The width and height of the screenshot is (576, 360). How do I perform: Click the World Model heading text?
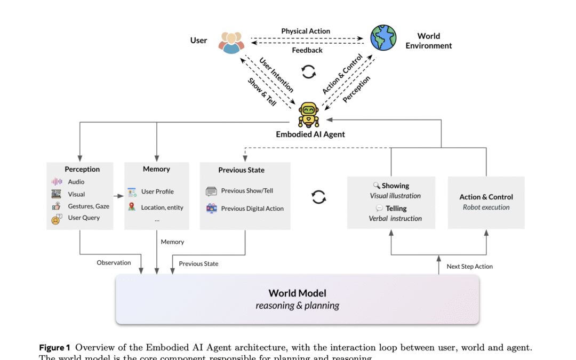(x=297, y=293)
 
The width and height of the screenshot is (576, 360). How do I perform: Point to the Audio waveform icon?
(x=57, y=182)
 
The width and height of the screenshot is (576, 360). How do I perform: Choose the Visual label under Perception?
(x=76, y=194)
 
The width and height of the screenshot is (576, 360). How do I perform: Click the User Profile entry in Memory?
(x=157, y=191)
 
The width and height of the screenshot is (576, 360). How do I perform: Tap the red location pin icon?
(x=132, y=207)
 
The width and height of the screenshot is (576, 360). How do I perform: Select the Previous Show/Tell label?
(x=247, y=191)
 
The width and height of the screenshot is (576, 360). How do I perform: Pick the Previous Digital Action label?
(x=252, y=209)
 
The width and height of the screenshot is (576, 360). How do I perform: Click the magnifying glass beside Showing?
(x=376, y=186)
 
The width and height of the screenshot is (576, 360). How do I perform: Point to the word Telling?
(x=396, y=209)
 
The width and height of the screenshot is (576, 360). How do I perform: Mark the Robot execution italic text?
(x=486, y=207)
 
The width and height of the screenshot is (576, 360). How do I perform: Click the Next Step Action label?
(x=469, y=266)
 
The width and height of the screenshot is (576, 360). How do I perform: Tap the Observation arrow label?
(x=114, y=262)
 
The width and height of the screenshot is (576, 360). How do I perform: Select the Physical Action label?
(x=306, y=31)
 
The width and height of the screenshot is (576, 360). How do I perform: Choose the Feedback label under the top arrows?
(x=307, y=50)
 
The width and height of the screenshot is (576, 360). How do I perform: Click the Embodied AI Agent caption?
(x=310, y=134)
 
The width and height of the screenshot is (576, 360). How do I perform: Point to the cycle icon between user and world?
(x=309, y=71)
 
